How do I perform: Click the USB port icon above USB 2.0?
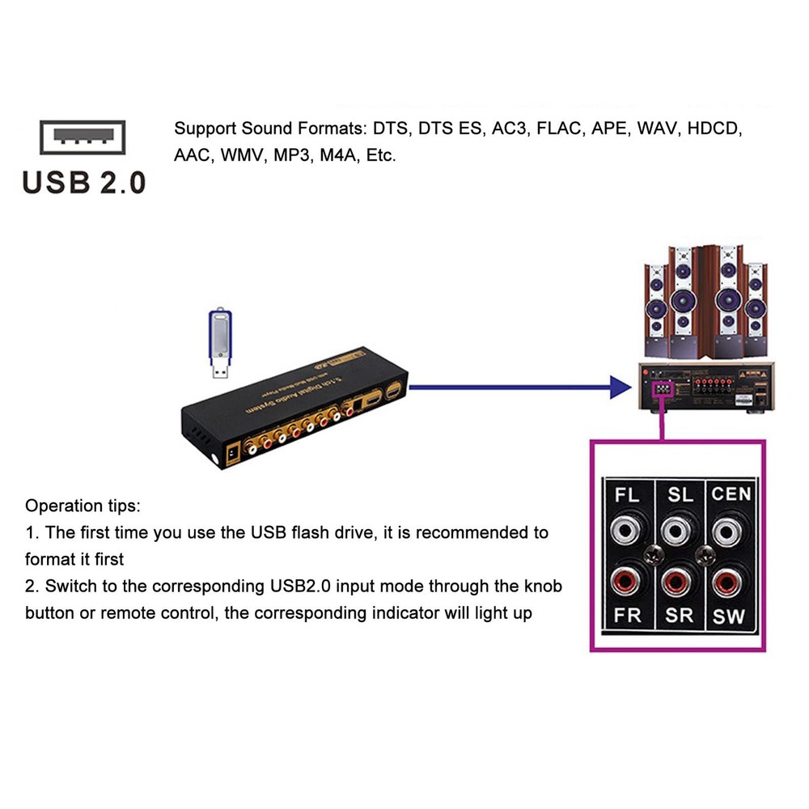[x=83, y=138]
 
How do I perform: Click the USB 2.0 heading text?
[x=84, y=182]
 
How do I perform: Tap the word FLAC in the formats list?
[x=559, y=129]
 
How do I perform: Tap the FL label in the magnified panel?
[x=628, y=494]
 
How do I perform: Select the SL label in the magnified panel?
[x=680, y=494]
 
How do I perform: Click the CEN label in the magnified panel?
[x=731, y=494]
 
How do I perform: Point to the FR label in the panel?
[x=628, y=615]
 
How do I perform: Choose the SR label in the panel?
[x=680, y=615]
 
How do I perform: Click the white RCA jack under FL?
[x=628, y=532]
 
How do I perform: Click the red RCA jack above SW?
[x=730, y=580]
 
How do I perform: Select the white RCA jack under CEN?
[x=730, y=532]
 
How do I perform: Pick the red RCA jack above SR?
[x=679, y=580]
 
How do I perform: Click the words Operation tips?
[x=83, y=506]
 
